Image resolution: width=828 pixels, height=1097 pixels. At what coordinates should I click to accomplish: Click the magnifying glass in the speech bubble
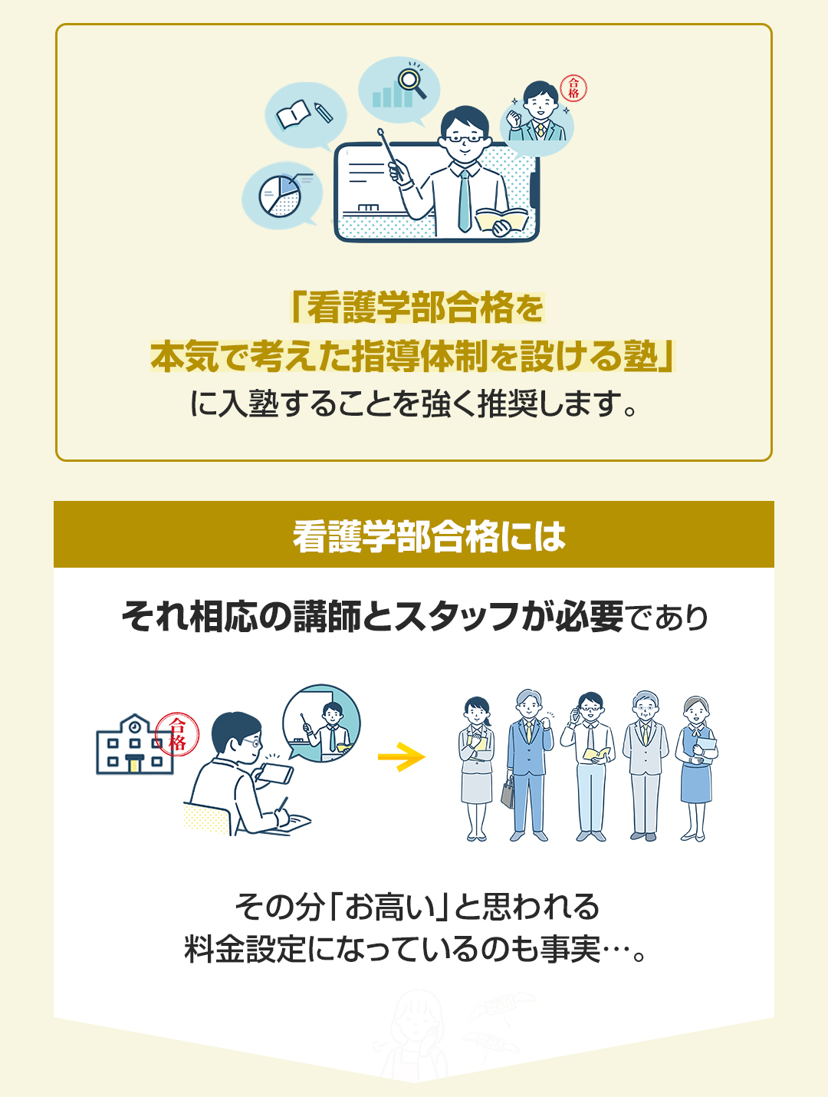point(412,82)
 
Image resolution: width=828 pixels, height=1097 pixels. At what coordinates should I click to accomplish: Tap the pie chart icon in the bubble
point(280,196)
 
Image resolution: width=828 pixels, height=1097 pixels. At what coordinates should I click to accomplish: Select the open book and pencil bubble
point(305,115)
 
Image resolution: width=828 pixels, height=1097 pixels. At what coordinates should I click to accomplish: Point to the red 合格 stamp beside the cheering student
point(573,88)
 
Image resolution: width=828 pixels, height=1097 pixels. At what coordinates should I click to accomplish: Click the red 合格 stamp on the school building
point(177,733)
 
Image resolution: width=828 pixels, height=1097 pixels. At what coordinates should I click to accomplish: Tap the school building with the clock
point(134,745)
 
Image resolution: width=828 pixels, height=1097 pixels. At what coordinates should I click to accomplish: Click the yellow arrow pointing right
point(401,756)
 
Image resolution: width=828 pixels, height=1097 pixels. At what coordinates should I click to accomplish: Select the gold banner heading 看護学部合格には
point(414,534)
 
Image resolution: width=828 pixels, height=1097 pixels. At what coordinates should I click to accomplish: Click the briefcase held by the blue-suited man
point(508,792)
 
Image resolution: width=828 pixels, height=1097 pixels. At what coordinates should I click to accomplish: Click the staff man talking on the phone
point(588,766)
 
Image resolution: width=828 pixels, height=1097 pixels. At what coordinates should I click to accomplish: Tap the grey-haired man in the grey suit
point(646,766)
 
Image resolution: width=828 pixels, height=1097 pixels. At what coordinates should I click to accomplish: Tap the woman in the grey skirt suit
point(476,769)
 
